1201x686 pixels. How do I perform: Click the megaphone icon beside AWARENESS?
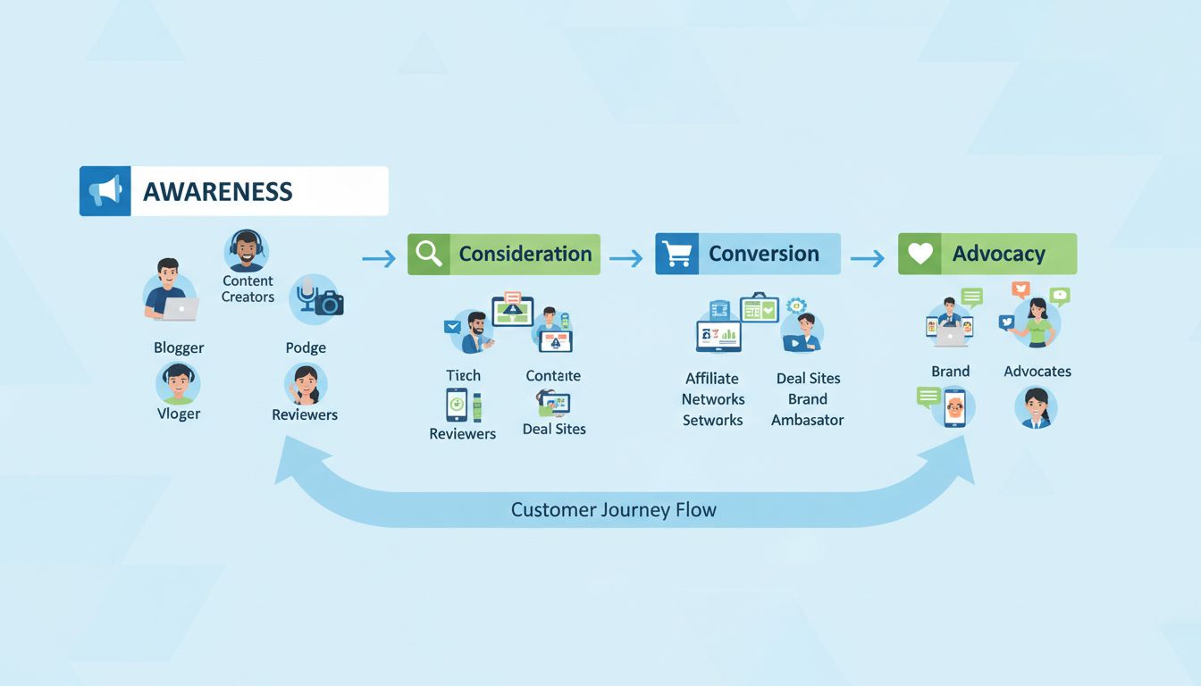105,190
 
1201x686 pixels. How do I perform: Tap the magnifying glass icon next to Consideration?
429,255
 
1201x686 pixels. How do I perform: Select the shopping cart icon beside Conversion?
677,255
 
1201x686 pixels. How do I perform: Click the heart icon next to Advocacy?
920,255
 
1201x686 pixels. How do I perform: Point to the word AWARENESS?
217,191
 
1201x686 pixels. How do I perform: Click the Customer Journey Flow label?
613,510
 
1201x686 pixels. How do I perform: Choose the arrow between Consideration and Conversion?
626,258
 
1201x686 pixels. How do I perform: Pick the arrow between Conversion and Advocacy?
868,258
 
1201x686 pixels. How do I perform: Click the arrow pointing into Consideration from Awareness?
379,258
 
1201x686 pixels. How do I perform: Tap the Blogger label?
179,347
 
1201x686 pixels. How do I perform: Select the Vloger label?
179,414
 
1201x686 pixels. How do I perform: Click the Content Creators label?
248,289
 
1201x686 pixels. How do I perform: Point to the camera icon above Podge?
329,304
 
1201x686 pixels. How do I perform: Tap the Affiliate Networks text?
713,389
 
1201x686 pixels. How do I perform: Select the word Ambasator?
808,420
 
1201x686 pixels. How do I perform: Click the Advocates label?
1037,371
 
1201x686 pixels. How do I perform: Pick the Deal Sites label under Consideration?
554,429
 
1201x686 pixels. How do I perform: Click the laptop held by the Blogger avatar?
181,309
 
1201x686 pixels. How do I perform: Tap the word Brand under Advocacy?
950,371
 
